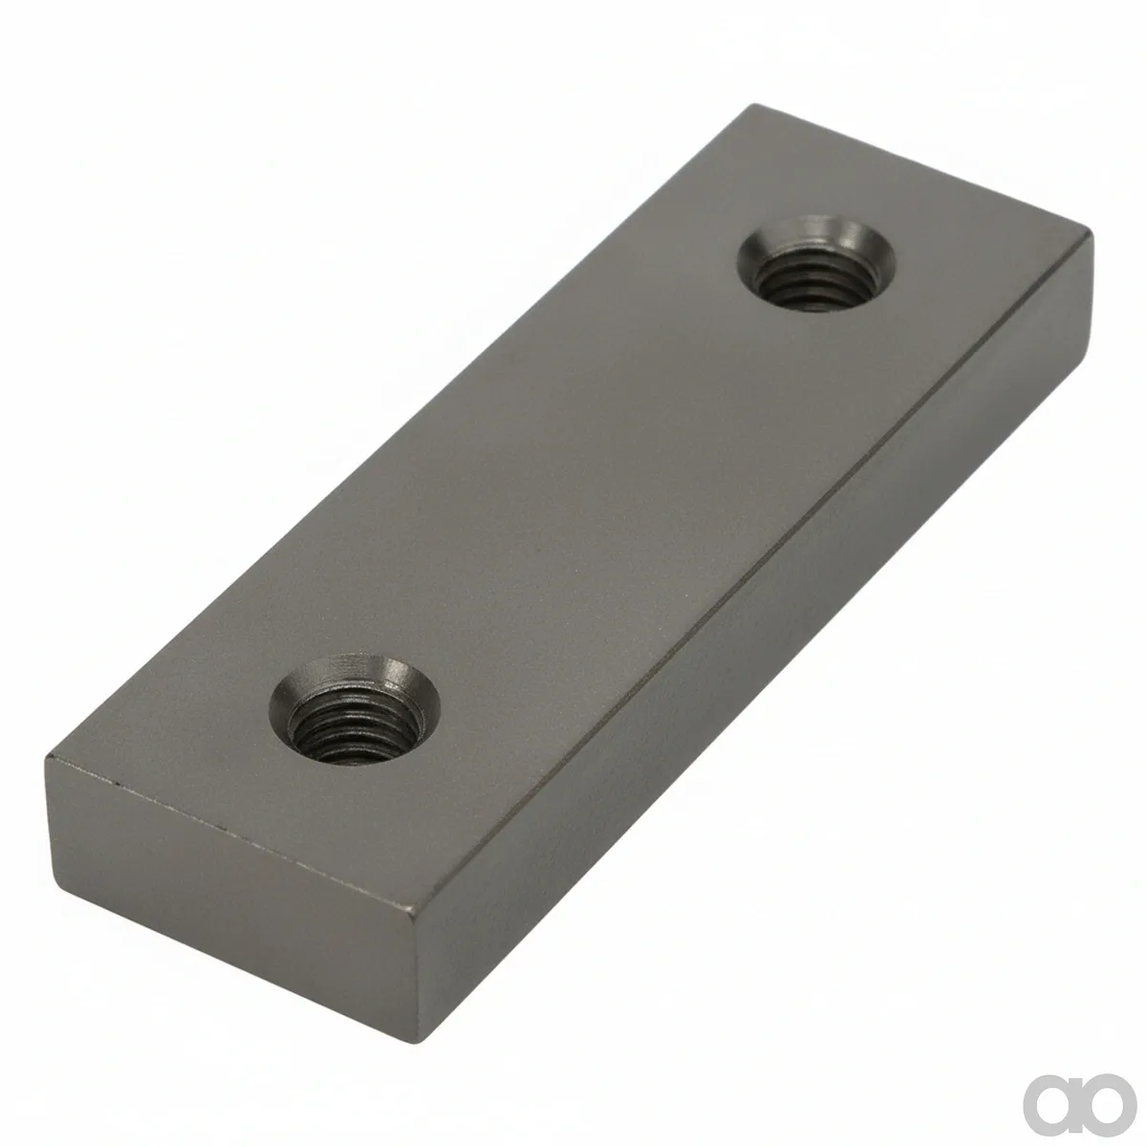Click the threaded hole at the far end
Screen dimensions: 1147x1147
click(x=816, y=264)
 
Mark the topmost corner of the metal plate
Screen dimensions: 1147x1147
click(x=755, y=105)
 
